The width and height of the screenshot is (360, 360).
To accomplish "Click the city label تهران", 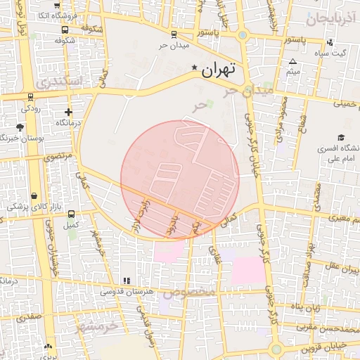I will (218, 70).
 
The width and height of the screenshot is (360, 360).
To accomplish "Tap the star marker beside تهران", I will (195, 67).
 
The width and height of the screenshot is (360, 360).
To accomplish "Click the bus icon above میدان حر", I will (174, 34).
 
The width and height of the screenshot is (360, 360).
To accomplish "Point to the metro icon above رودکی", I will (31, 96).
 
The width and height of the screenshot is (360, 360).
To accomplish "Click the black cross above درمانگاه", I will (68, 111).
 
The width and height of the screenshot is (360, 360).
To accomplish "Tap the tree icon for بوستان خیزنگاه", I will (20, 127).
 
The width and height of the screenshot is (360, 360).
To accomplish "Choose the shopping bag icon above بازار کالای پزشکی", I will (34, 195).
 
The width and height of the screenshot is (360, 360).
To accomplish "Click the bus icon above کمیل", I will (70, 214).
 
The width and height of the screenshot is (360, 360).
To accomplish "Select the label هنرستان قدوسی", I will (122, 291).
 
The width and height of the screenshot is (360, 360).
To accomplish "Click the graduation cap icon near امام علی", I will (342, 137).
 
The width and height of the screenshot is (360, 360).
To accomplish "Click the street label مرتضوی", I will (58, 157).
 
